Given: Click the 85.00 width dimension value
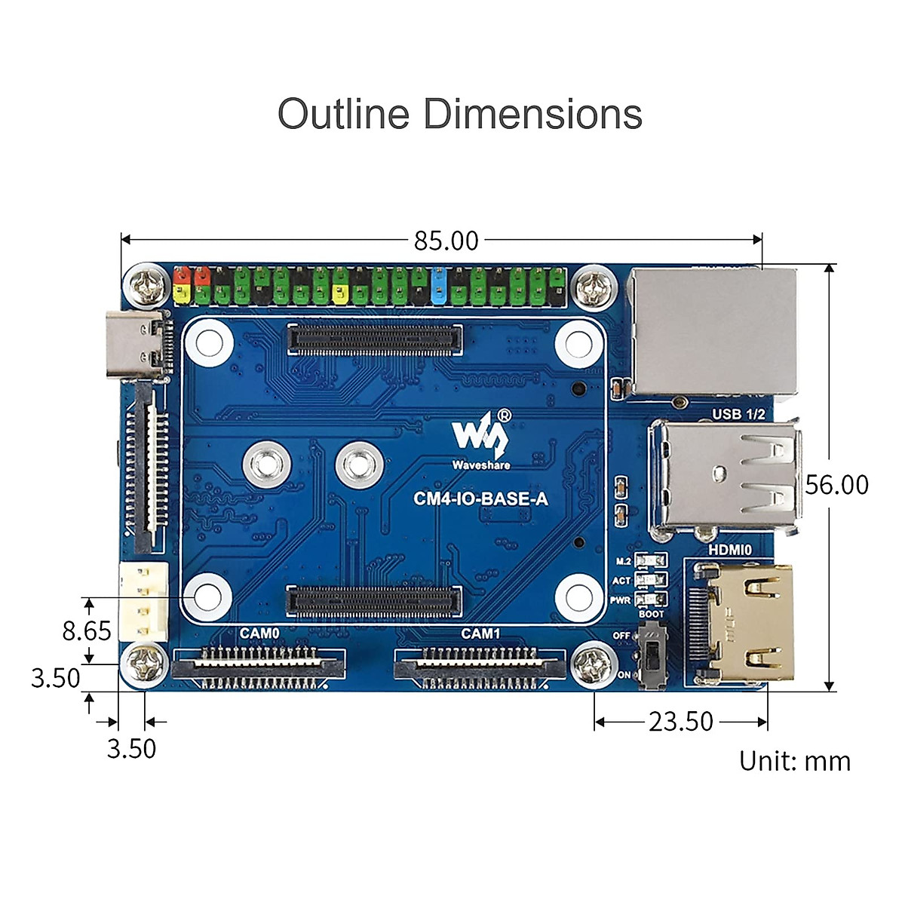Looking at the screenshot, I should (446, 241).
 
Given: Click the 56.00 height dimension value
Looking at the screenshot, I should (836, 484).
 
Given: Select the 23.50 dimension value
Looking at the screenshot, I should (680, 722).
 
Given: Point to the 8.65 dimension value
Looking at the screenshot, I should (87, 630).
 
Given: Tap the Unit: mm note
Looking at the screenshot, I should (794, 761).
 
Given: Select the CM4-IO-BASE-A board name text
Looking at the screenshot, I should (480, 499).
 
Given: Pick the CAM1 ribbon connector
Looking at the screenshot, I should (480, 664).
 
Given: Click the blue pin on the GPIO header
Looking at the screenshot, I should (440, 285).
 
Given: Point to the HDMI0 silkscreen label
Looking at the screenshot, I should (729, 550).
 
